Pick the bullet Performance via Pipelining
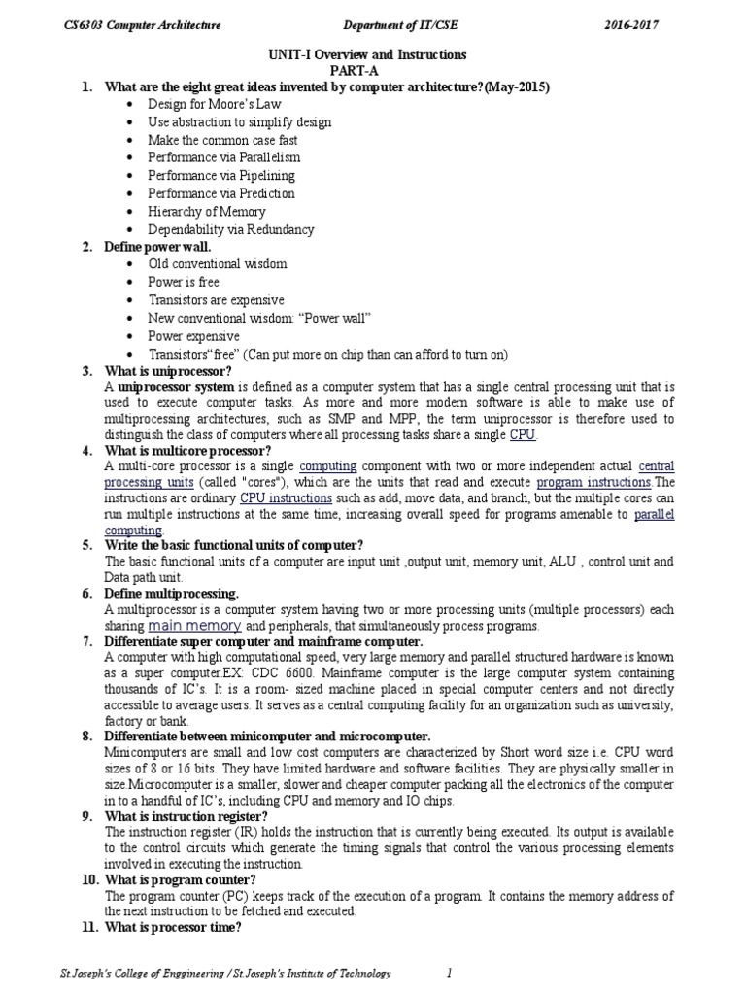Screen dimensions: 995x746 (220, 176)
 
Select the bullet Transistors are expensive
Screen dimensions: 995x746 (216, 300)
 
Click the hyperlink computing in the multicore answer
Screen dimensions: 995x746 (327, 465)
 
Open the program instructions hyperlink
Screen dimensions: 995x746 (593, 483)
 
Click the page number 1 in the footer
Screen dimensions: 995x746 (449, 973)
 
